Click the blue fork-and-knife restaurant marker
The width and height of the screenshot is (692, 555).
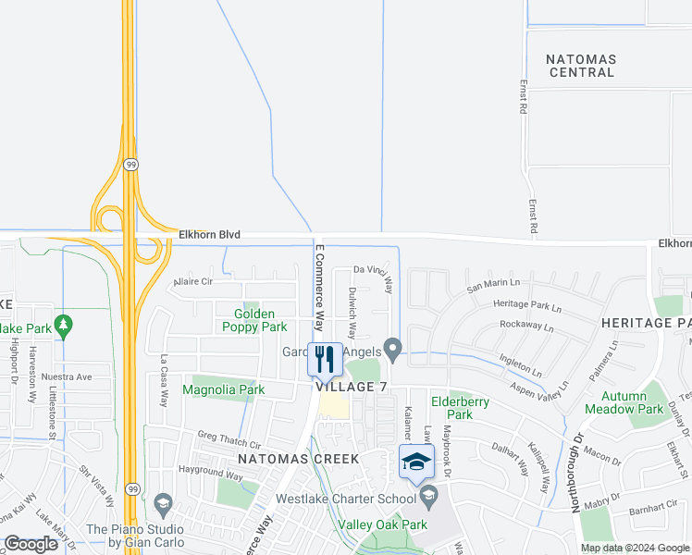[x=324, y=358]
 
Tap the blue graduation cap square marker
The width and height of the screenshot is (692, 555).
[x=416, y=461]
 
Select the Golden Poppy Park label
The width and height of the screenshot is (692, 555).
[x=254, y=320]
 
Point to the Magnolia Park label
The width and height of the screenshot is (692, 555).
[x=224, y=390]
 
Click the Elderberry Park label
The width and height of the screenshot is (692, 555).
[x=451, y=408]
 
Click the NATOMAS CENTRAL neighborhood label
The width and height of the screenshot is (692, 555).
[x=580, y=66]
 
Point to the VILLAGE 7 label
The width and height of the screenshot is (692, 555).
[x=352, y=387]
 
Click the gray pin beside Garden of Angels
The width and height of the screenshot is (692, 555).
[x=393, y=351]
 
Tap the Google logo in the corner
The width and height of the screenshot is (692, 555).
[x=31, y=544]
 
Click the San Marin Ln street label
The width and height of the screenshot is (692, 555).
[x=493, y=288]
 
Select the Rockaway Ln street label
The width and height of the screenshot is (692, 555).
[x=525, y=325]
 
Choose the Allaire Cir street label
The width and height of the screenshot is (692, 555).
[x=193, y=281]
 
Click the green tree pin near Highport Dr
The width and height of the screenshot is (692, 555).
[x=63, y=326]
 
